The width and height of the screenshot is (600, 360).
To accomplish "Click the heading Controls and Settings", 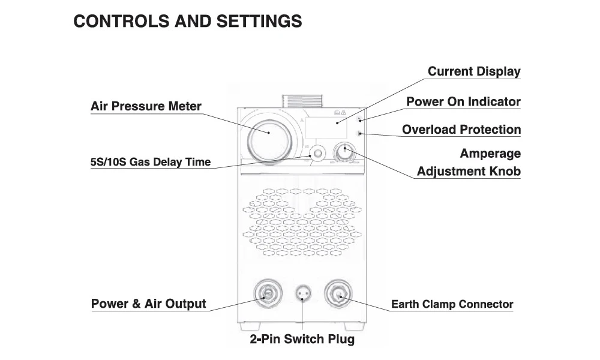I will pos(187,22).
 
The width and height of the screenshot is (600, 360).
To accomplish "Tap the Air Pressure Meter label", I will pos(146,107).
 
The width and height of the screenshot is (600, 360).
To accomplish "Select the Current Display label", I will pos(474,72).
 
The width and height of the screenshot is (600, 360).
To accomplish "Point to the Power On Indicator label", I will pos(463,102).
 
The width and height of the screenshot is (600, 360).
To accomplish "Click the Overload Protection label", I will pos(461,130).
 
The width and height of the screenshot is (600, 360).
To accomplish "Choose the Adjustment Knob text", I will pos(469,172).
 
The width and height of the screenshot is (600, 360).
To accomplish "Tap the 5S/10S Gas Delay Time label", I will pos(150,162).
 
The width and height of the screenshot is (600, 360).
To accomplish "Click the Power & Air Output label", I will pos(148,304).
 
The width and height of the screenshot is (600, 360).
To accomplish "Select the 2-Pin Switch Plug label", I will pos(302,340).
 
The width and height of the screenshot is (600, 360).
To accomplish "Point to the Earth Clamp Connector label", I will pos(452,304).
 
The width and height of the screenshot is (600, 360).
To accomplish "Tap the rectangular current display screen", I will pos(331,126).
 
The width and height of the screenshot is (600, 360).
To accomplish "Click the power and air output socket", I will pos(266,293).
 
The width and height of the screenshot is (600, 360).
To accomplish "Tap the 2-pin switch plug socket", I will pos(303,294).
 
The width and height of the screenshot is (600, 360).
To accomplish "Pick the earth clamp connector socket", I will pos(338,293).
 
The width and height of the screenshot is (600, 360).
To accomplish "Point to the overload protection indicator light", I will pos(359,133).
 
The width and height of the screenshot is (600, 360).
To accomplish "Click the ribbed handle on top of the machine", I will pos(303,101).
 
